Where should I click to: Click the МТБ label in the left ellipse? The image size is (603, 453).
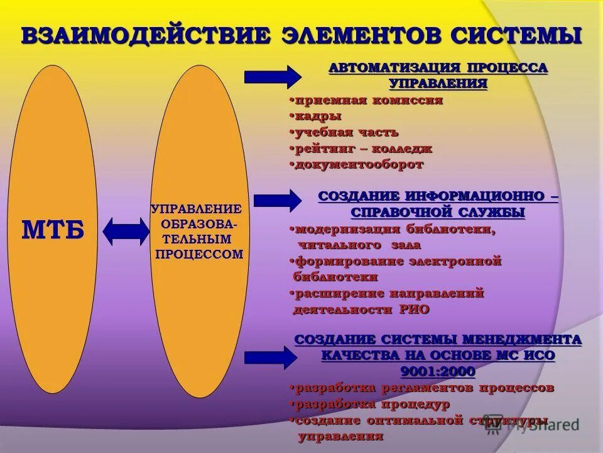(x=53, y=230)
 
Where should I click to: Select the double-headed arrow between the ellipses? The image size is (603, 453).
(x=126, y=232)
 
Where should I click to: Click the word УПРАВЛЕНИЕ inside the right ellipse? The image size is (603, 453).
(x=197, y=208)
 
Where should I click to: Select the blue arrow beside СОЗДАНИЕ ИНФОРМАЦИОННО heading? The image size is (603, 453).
(x=277, y=201)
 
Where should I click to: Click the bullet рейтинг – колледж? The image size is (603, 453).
(x=363, y=149)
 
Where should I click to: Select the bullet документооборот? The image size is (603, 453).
(x=359, y=165)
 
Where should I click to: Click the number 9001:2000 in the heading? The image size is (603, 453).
(x=438, y=371)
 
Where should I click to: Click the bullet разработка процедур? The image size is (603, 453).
(x=372, y=404)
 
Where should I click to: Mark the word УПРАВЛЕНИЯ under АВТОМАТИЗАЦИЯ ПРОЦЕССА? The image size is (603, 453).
(x=438, y=83)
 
